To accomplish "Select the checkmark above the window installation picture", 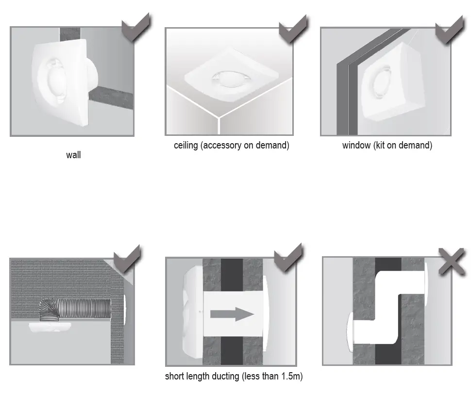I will tap(450, 29).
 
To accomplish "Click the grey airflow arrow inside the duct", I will tap(232, 314).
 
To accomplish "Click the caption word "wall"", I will tap(73, 156).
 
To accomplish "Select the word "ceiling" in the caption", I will tap(186, 146).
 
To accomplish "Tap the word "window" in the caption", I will tap(356, 146).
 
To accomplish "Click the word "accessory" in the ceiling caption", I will tap(221, 146).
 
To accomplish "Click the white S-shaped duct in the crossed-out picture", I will tap(388, 311).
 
